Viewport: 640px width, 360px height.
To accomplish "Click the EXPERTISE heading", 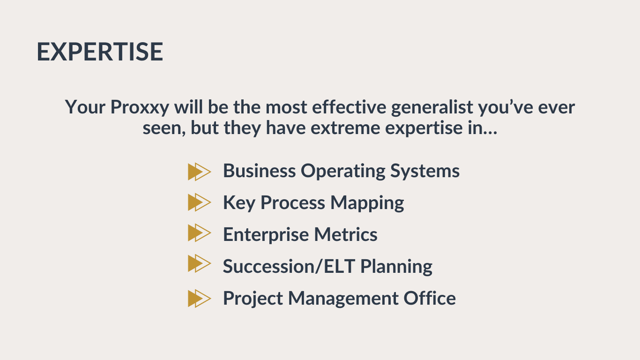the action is (100, 52).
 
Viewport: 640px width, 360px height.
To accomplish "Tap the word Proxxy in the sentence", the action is (140, 108).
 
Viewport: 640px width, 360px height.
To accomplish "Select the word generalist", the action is (432, 108).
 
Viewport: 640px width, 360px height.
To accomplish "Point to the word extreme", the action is (345, 128).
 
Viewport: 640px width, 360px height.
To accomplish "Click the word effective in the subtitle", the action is (349, 107).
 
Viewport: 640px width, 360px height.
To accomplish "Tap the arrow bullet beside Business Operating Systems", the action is (200, 172).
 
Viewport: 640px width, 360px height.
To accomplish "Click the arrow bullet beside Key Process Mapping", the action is (200, 202).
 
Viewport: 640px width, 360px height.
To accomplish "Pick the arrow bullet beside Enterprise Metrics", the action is (200, 233).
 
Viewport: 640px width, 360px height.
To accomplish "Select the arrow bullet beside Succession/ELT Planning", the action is (200, 263).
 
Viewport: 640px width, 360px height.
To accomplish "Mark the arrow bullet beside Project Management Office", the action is (200, 299).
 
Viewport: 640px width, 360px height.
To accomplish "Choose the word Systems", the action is (425, 172).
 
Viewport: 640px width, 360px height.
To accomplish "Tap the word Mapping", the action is (367, 203).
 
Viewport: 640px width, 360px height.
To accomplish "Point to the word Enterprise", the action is (266, 235).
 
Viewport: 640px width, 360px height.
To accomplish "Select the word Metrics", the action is (346, 234).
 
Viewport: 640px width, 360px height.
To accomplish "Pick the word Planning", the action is (396, 267).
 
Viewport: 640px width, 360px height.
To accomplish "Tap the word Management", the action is (343, 299).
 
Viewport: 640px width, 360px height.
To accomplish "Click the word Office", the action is (430, 298).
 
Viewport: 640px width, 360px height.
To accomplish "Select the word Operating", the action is (343, 172).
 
